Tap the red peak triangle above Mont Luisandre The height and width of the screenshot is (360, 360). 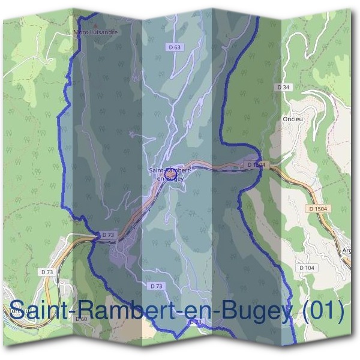coord(95,26)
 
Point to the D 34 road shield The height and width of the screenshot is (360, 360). coord(284,87)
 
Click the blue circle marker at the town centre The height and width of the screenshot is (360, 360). coord(170,172)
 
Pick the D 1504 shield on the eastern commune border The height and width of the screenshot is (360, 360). coord(256,164)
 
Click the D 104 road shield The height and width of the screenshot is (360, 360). coord(306,266)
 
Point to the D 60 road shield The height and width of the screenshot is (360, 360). coord(82,318)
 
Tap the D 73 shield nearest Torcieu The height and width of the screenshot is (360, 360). coord(47,272)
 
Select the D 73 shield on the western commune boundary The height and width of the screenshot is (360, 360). coord(108,234)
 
